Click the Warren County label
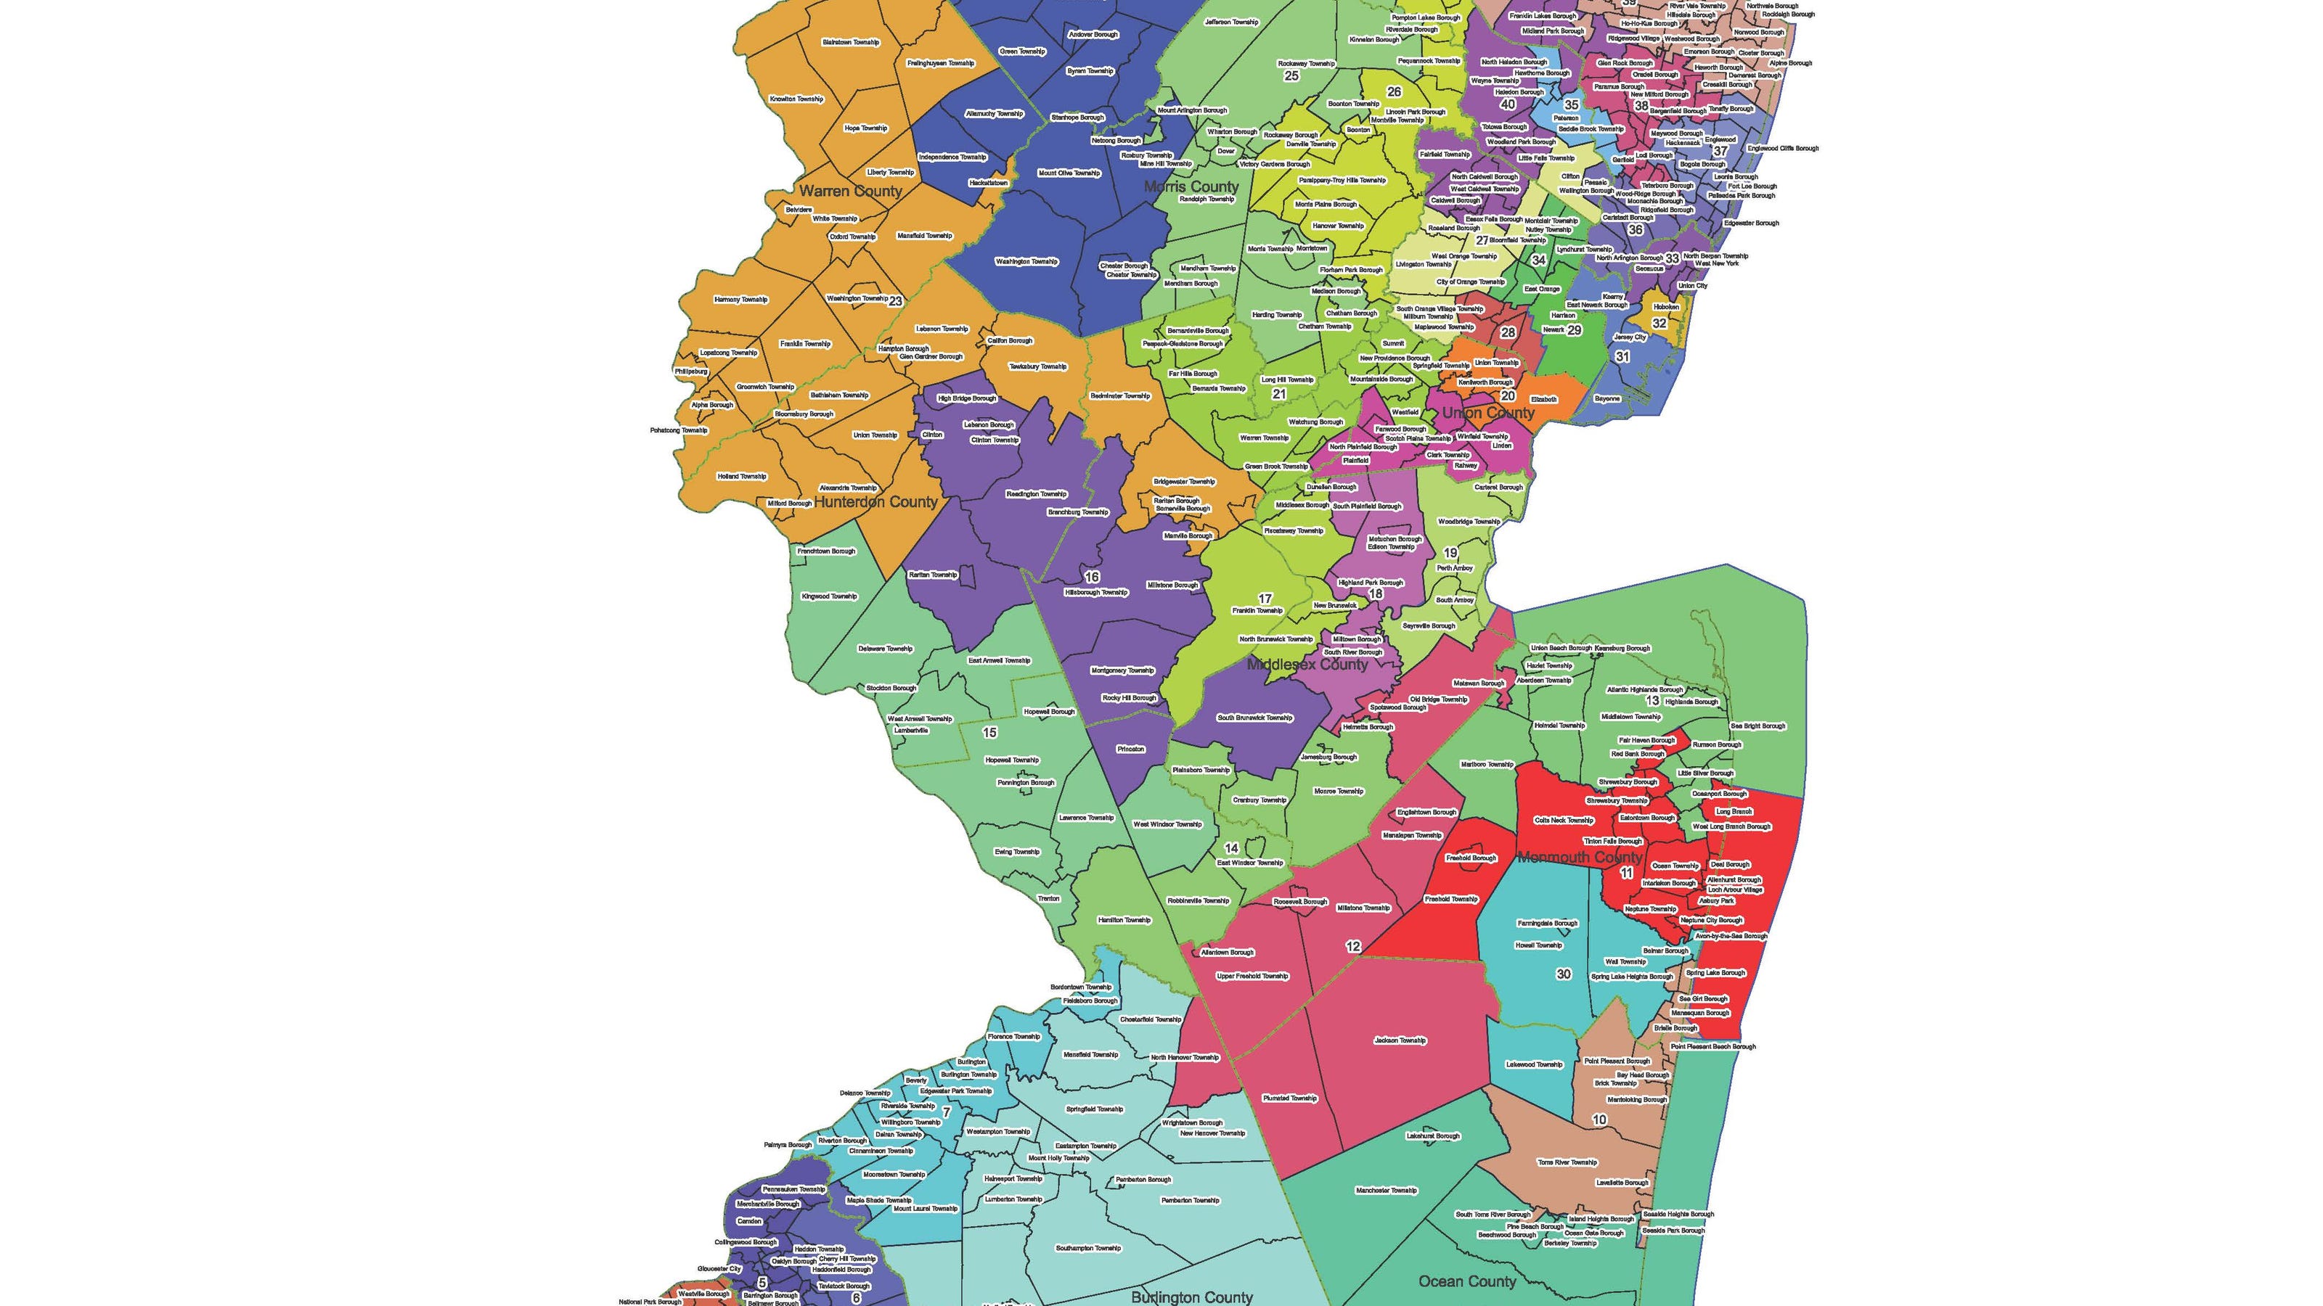coord(850,191)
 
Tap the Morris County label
coord(1191,186)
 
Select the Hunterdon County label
coord(875,502)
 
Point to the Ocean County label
coord(1467,1281)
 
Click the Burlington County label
coord(1191,1297)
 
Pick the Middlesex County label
coord(1307,665)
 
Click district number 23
coord(894,301)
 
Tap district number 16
coord(1091,577)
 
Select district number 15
coord(989,733)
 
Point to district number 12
coord(1352,946)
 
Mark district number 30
coord(1564,974)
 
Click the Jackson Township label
coord(1400,1040)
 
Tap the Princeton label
coord(1131,749)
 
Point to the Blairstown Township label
coord(849,42)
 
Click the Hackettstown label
coord(987,183)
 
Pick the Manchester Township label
coord(1386,1191)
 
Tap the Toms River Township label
coord(1567,1162)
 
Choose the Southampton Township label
coord(1087,1248)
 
